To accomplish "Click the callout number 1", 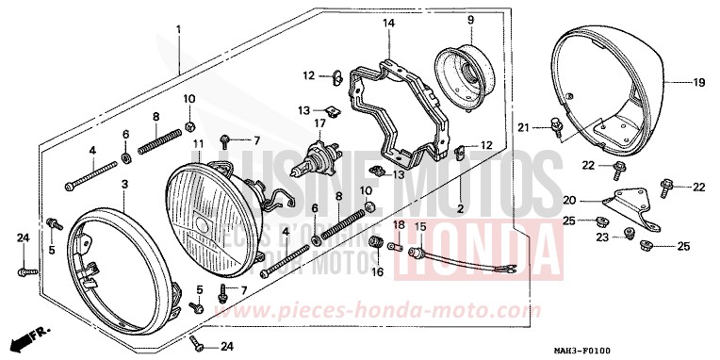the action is (x=177, y=30).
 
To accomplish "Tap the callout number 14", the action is (x=388, y=23).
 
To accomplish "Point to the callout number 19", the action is (x=699, y=83).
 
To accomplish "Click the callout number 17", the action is (x=319, y=122).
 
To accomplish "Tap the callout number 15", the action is (x=420, y=227).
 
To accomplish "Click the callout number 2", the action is (x=461, y=207).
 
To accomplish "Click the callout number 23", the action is (x=601, y=239).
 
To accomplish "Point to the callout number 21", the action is (x=523, y=127).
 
